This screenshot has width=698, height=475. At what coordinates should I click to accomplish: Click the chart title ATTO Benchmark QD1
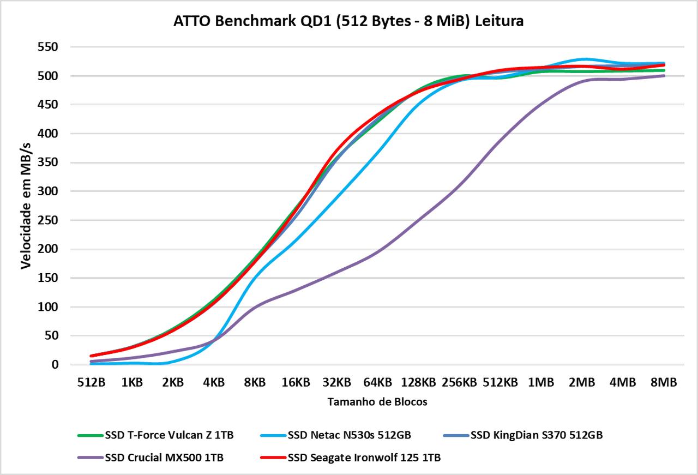[x=348, y=21]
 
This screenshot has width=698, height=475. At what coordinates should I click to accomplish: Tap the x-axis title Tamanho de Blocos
[x=377, y=402]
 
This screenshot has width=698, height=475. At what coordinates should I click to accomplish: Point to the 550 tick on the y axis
[x=49, y=47]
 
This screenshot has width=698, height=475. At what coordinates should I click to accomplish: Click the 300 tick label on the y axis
[x=49, y=191]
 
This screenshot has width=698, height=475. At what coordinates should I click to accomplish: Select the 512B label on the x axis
[x=91, y=383]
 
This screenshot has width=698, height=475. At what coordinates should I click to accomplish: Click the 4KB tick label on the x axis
[x=214, y=383]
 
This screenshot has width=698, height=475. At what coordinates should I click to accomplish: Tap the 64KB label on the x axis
[x=377, y=383]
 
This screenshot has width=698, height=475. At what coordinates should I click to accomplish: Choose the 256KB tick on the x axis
[x=459, y=383]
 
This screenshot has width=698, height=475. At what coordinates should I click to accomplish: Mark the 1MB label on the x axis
[x=541, y=383]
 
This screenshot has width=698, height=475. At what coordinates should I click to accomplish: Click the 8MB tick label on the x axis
[x=664, y=383]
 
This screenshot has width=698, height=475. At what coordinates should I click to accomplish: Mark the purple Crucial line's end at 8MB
[x=663, y=76]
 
